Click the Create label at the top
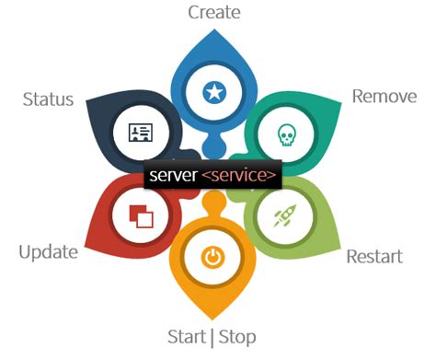click(213, 13)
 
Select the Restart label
click(373, 255)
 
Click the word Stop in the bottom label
click(236, 335)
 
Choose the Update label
click(48, 251)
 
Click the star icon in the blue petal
click(213, 92)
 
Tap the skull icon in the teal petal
click(286, 134)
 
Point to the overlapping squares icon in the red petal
click(141, 217)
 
